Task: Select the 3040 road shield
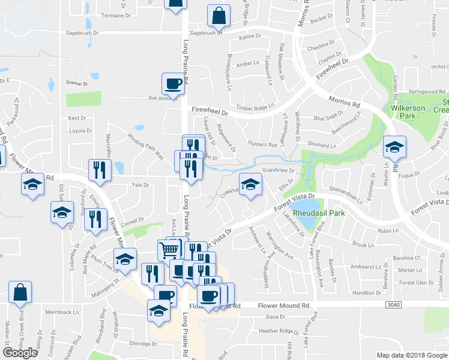pyautogui.click(x=393, y=305)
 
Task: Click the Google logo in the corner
pyautogui.click(x=20, y=353)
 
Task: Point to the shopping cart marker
pyautogui.click(x=170, y=249)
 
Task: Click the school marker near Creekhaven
pyautogui.click(x=250, y=184)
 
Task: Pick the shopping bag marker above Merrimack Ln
pyautogui.click(x=20, y=292)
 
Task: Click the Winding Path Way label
pyautogui.click(x=145, y=146)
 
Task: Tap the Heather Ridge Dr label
pyautogui.click(x=279, y=331)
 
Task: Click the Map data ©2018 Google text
pyautogui.click(x=412, y=355)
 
